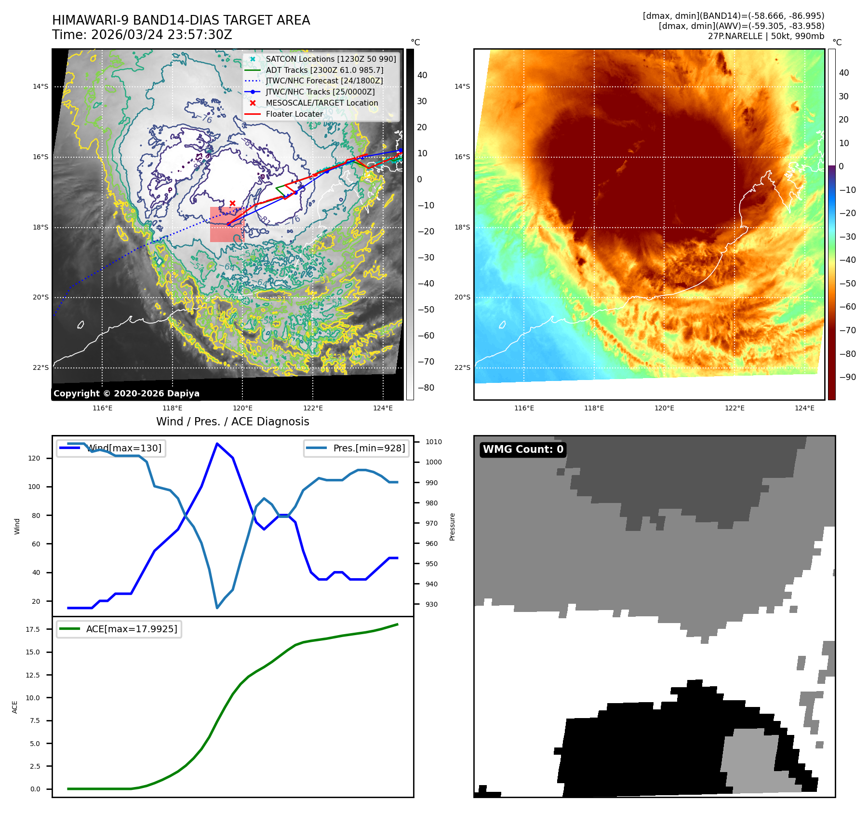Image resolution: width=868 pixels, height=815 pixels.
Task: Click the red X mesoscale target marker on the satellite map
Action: (232, 204)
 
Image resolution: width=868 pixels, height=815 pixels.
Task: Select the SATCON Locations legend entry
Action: (331, 59)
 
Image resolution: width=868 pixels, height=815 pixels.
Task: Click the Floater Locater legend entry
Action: (294, 114)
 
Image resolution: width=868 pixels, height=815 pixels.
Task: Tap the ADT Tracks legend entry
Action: (324, 70)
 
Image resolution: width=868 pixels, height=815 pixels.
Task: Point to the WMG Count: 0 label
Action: (523, 449)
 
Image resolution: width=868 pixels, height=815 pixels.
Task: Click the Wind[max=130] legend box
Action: (111, 448)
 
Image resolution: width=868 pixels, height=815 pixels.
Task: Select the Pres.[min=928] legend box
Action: (356, 448)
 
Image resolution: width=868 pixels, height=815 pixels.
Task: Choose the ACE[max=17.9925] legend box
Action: (119, 629)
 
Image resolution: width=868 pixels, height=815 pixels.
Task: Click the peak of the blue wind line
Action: (217, 444)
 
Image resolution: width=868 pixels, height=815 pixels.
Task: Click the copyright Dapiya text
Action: (126, 394)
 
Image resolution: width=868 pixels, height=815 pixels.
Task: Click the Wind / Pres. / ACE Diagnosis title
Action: (232, 421)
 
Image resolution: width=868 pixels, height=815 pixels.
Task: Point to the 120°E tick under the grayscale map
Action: (242, 408)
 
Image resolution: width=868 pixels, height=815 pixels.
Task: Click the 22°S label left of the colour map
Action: (462, 367)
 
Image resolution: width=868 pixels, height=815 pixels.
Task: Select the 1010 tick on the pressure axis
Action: (433, 442)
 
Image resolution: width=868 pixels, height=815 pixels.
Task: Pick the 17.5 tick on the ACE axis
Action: (33, 629)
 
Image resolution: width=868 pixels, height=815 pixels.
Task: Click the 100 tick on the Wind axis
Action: (34, 487)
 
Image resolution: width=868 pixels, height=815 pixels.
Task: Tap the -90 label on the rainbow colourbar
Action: (847, 377)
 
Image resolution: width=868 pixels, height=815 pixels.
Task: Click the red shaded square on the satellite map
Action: (227, 225)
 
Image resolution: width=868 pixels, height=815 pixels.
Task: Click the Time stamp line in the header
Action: (142, 35)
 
